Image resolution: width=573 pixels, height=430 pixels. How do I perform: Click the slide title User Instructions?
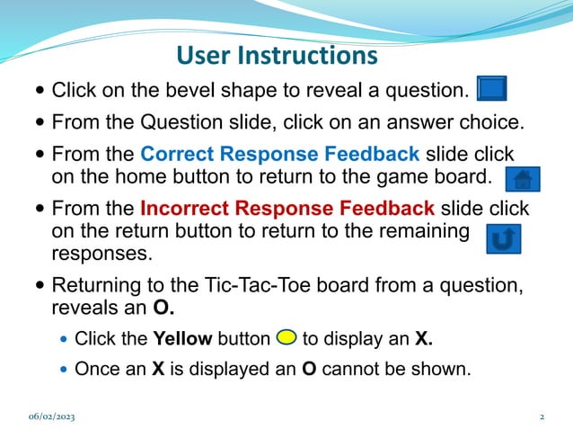pyautogui.click(x=277, y=56)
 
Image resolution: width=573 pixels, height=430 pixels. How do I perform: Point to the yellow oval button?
pyautogui.click(x=286, y=338)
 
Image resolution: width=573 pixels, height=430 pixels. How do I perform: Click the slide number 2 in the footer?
pyautogui.click(x=542, y=417)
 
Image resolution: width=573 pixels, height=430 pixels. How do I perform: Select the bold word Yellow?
pyautogui.click(x=182, y=339)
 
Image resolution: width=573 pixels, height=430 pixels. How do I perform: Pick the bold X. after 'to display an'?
pyautogui.click(x=424, y=339)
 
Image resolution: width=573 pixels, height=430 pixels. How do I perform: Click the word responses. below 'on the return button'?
pyautogui.click(x=102, y=253)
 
